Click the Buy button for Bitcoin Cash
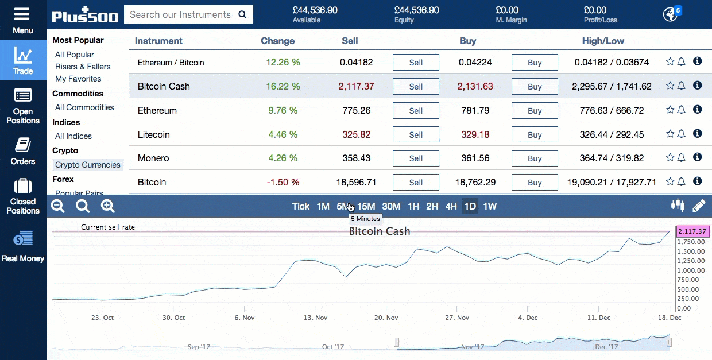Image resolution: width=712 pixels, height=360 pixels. pyautogui.click(x=535, y=87)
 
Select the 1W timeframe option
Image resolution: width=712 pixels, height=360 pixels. pyautogui.click(x=490, y=206)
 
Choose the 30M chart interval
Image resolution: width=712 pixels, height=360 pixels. pyautogui.click(x=391, y=206)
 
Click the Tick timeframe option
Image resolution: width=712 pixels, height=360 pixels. pyautogui.click(x=300, y=206)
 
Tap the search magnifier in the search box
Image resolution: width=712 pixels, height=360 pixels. pyautogui.click(x=242, y=15)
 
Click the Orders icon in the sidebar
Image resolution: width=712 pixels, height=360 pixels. pyautogui.click(x=23, y=150)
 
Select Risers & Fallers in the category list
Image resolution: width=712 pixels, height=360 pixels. pyautogui.click(x=83, y=67)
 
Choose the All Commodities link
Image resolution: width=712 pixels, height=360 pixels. pyautogui.click(x=84, y=107)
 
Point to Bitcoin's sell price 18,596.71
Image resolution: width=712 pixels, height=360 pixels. pyautogui.click(x=356, y=182)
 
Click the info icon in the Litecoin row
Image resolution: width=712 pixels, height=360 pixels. pyautogui.click(x=697, y=133)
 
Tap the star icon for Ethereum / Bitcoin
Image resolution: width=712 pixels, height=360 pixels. pyautogui.click(x=670, y=61)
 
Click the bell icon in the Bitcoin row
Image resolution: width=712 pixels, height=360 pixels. pyautogui.click(x=682, y=182)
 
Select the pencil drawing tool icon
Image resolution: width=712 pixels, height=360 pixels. pyautogui.click(x=698, y=206)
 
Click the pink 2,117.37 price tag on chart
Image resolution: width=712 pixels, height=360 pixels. pyautogui.click(x=693, y=231)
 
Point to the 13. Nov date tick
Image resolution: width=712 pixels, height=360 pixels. pyautogui.click(x=315, y=318)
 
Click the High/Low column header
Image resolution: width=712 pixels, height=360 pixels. pyautogui.click(x=603, y=41)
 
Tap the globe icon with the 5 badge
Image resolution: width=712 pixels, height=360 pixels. pyautogui.click(x=670, y=14)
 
